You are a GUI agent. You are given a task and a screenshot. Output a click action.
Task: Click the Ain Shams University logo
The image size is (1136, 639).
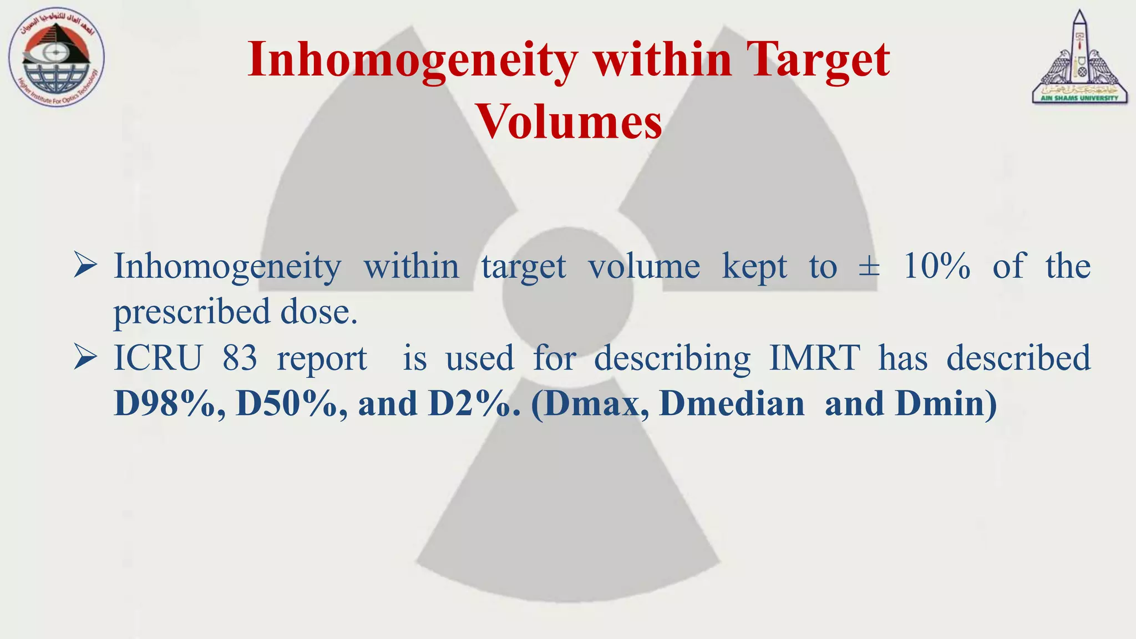[1079, 58]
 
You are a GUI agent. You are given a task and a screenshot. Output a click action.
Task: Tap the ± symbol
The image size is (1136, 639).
[869, 267]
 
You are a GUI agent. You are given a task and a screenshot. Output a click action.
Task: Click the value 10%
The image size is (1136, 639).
[937, 267]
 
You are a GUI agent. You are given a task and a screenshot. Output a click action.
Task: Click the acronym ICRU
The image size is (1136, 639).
[158, 358]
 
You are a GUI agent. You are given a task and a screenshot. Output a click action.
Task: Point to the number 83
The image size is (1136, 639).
[240, 358]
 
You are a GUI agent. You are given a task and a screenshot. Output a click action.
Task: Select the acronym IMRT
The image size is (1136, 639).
[814, 358]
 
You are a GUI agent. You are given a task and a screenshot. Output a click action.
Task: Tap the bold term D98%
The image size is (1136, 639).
[169, 404]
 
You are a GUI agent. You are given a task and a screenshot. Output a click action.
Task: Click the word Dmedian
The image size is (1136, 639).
[732, 404]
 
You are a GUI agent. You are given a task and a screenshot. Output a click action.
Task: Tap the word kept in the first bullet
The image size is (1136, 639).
[754, 267]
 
